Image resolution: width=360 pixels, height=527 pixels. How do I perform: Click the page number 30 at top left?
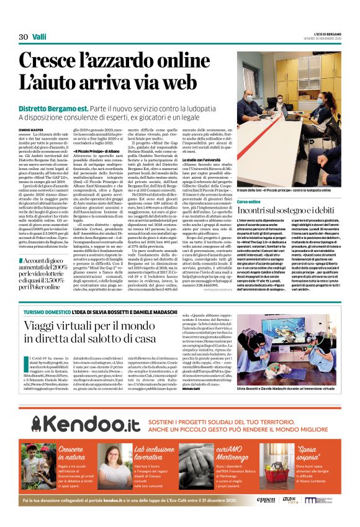[24, 37]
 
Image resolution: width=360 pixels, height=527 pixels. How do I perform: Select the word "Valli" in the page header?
[41, 37]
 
